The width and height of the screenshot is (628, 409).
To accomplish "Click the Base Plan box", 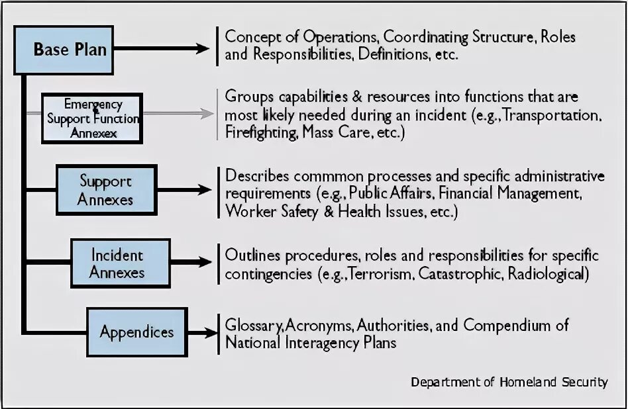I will [x=70, y=49].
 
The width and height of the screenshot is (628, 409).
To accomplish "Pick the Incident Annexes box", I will [x=117, y=263].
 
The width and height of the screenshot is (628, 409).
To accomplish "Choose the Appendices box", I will [x=136, y=332].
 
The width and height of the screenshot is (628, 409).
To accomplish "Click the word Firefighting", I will [x=260, y=132].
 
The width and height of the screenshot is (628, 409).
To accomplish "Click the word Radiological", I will [x=546, y=273].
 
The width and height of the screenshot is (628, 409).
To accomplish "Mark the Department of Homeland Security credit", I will [x=509, y=382].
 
